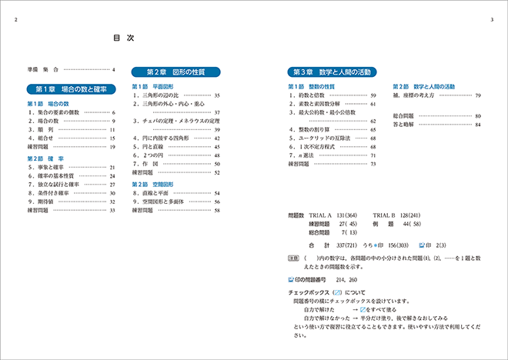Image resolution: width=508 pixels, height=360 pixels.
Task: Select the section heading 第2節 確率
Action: coord(45,158)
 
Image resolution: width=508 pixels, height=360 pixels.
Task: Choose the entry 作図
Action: coord(146,164)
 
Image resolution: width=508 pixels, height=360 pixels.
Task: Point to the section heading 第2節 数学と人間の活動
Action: coord(424,85)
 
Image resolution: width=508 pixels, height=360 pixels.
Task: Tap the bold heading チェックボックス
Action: coord(304,293)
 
